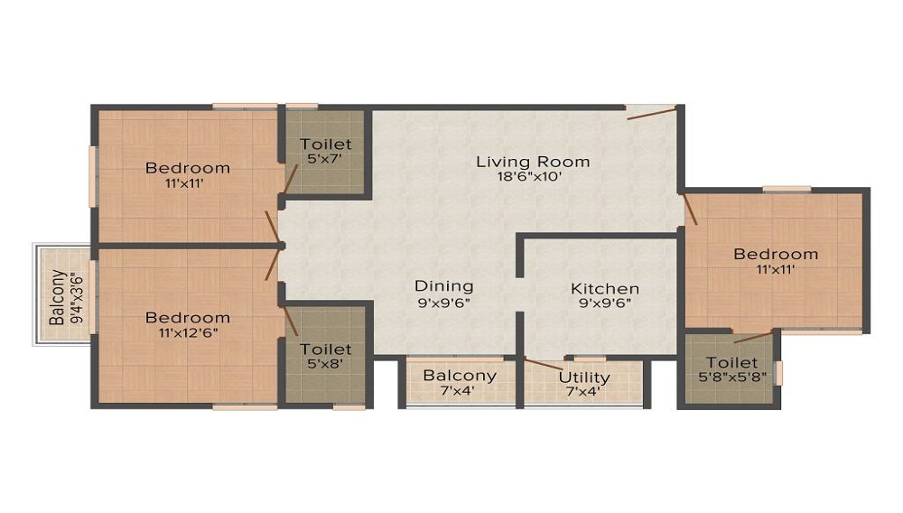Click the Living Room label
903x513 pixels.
tap(533, 162)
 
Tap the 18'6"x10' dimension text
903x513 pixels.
tap(529, 176)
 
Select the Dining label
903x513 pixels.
tap(444, 286)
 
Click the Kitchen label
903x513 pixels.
tap(605, 288)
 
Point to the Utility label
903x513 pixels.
tap(584, 378)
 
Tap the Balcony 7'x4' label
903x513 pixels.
tap(460, 383)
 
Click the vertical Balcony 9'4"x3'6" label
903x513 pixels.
tap(66, 297)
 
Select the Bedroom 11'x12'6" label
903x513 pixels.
tap(188, 325)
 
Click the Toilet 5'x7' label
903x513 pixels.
tap(325, 152)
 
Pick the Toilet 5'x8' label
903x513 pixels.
tap(325, 357)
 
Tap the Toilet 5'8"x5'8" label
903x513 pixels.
tap(732, 369)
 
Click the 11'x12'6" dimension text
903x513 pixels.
tap(189, 332)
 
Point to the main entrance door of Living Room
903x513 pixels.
tap(651, 112)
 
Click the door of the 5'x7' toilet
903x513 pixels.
tap(290, 179)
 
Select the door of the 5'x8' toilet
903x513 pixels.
tap(290, 320)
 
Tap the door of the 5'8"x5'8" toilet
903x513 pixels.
tap(753, 337)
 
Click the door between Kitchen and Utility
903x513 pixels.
tap(543, 363)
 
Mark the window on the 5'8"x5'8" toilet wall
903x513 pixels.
tap(778, 372)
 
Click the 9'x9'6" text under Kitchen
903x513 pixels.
tap(605, 303)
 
